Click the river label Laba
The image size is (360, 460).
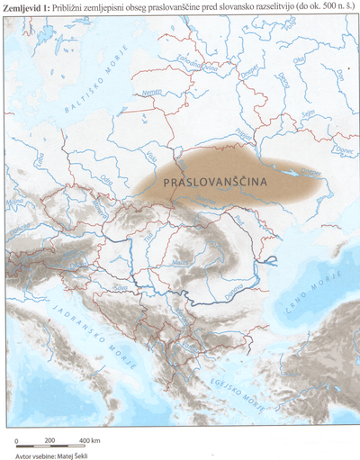coord(41,163)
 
